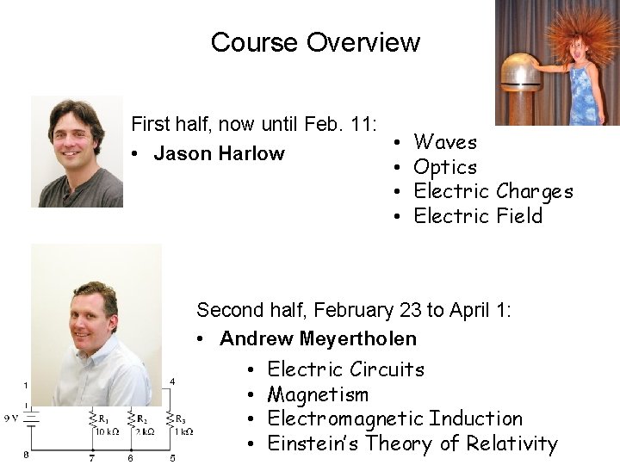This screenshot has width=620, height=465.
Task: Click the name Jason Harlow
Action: [x=219, y=154]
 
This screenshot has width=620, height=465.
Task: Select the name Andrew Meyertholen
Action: [x=318, y=339]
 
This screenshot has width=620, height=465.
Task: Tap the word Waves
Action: [x=445, y=142]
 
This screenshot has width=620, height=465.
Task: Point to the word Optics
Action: [x=445, y=167]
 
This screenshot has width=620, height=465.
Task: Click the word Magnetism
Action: [x=318, y=395]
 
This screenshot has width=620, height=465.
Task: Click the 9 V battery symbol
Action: [x=31, y=419]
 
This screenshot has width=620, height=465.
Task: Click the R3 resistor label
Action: [x=180, y=419]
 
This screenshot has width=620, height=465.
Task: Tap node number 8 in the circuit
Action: [x=26, y=454]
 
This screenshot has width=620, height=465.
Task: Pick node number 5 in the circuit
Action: [x=172, y=458]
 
